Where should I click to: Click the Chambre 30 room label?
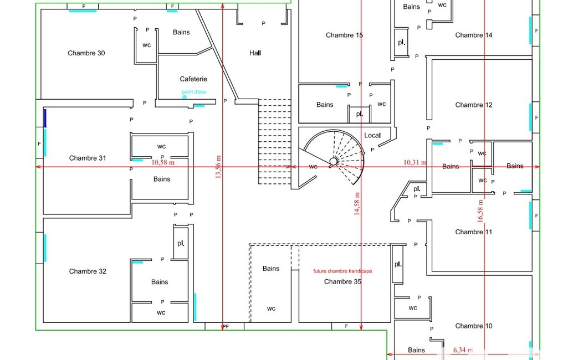[x=86, y=53]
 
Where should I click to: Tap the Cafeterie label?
[x=193, y=79]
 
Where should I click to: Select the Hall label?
[x=255, y=53]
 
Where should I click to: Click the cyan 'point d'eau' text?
[x=194, y=92]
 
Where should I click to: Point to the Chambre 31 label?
[x=88, y=158]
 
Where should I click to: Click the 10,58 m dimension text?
[x=163, y=162]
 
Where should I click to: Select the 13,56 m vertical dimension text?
[x=218, y=167]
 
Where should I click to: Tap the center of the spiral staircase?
[x=333, y=161]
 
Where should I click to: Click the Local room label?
[x=372, y=136]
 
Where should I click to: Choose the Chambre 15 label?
[x=344, y=35]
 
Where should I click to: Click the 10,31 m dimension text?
[x=415, y=162]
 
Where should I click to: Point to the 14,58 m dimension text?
[x=357, y=204]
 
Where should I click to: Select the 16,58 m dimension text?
[x=480, y=211]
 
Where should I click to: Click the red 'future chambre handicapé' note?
[x=342, y=271]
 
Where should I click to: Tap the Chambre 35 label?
[x=342, y=282]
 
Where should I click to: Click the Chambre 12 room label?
[x=474, y=105]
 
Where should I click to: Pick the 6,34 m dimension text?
[x=463, y=350]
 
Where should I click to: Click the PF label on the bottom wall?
[x=226, y=326]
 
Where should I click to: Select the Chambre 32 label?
[x=88, y=271]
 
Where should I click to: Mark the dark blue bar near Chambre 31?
[x=45, y=119]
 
